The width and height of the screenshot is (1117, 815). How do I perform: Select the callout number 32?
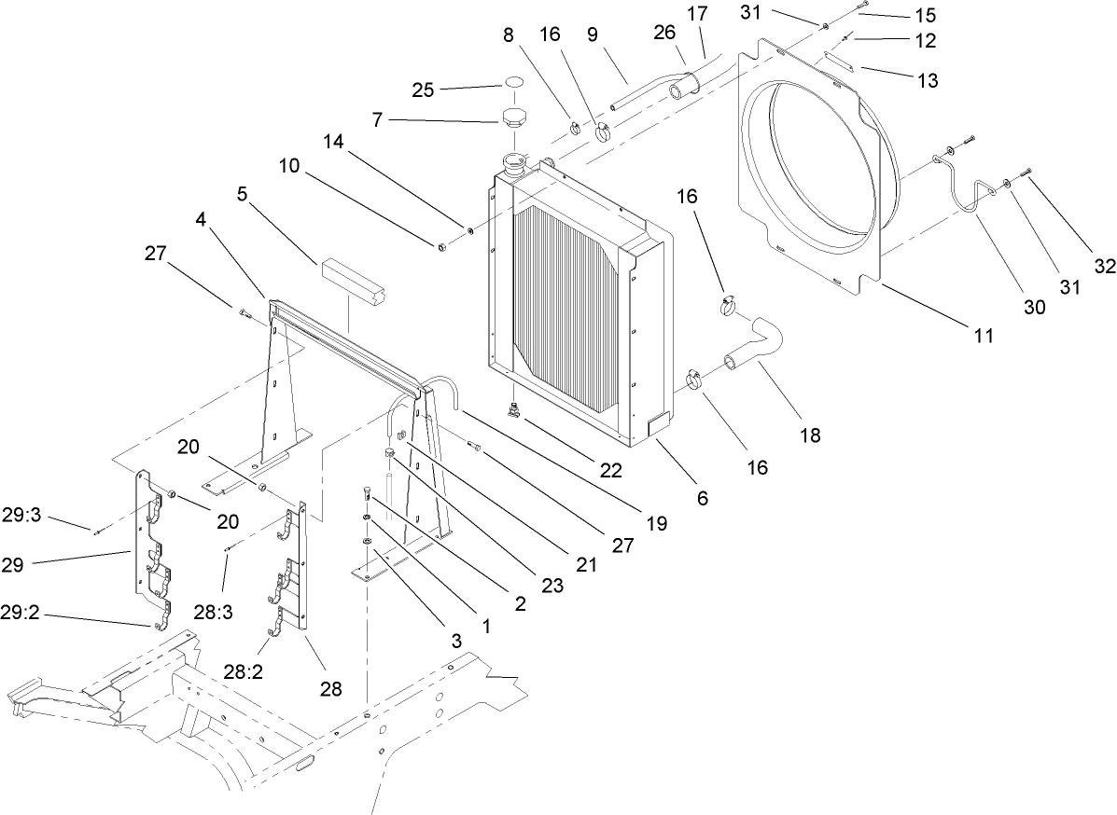coord(1105,267)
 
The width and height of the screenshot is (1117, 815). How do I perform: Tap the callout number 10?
coord(289,167)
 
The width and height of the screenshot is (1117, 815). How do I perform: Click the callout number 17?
coord(723,14)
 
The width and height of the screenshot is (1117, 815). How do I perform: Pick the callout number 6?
coord(701,498)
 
